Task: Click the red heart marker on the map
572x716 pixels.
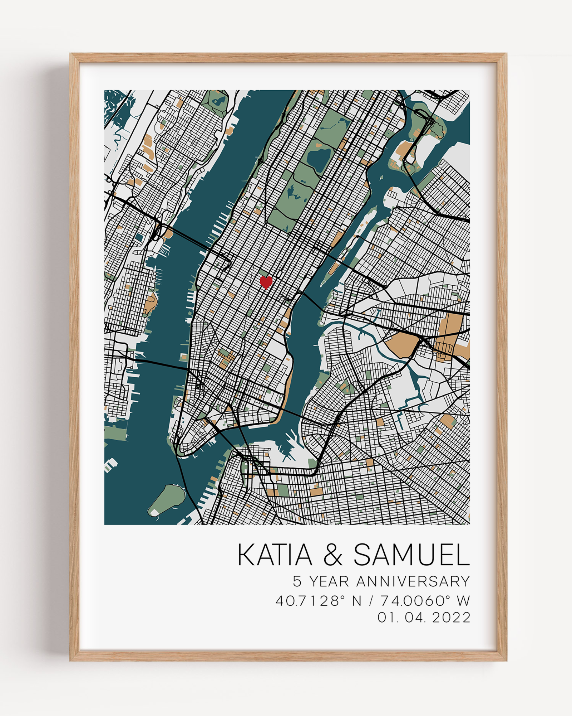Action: point(266,282)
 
